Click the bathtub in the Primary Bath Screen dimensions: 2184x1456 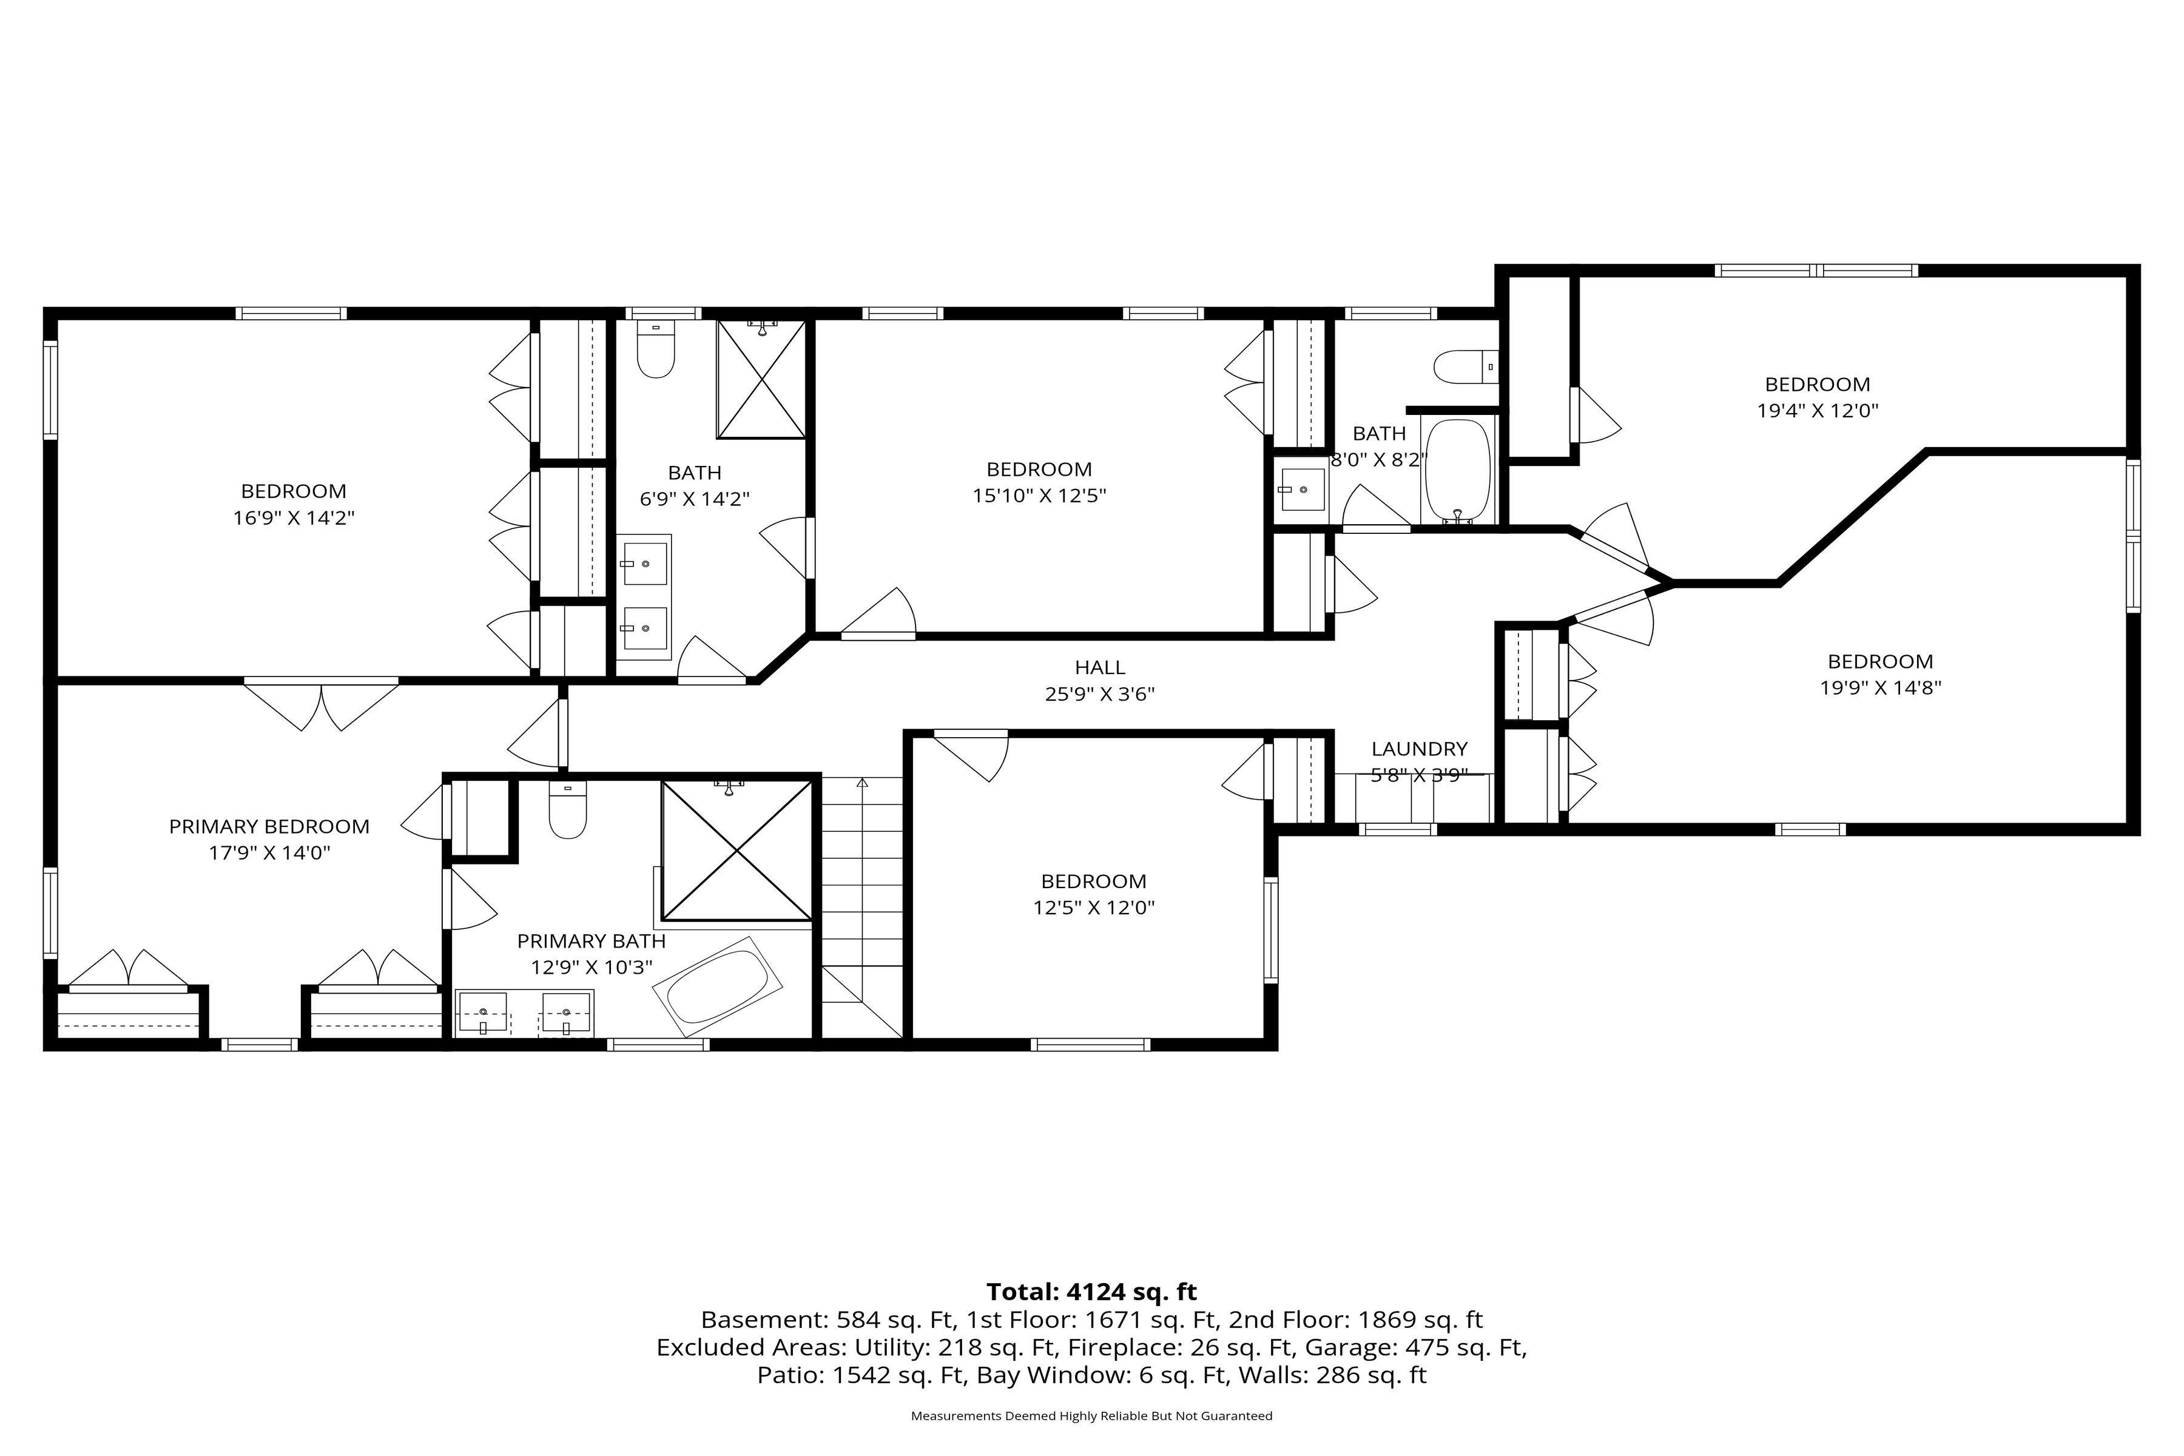pos(718,986)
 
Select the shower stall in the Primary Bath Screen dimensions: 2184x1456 pos(736,851)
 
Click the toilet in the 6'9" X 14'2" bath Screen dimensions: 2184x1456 pos(656,349)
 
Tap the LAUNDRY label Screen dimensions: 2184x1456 pos(1419,749)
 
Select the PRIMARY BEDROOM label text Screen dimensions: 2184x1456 pos(269,826)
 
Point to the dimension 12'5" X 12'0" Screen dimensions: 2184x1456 pos(1094,907)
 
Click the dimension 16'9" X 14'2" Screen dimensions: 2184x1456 pos(294,517)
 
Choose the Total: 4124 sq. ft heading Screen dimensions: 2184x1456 pos(1092,1292)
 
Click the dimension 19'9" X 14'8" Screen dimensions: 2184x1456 pos(1880,688)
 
